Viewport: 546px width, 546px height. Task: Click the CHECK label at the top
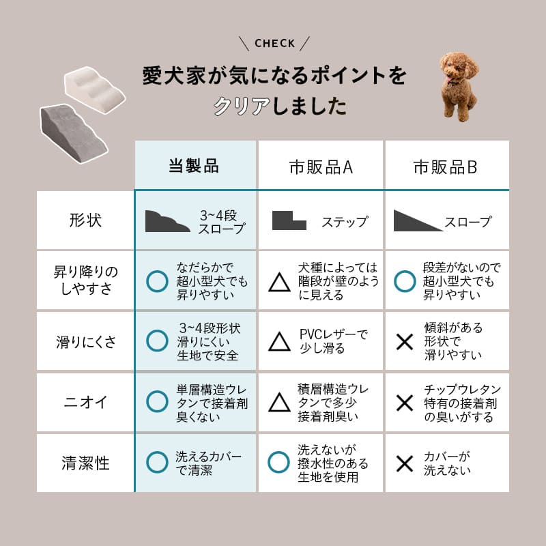click(274, 44)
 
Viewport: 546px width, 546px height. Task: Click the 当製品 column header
click(195, 166)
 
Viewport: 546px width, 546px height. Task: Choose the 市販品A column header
click(321, 167)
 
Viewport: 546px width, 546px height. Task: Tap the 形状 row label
click(85, 220)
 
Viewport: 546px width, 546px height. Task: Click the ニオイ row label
click(85, 402)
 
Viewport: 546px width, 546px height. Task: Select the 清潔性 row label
click(85, 463)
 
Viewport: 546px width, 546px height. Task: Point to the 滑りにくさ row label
click(85, 341)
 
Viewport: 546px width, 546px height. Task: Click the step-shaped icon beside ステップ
click(289, 220)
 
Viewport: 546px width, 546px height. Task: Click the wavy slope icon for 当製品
click(167, 221)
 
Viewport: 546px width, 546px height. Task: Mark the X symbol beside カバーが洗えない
click(405, 464)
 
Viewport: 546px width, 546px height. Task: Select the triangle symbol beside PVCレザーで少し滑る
click(279, 341)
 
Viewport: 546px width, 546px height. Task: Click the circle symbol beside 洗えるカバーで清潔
click(157, 463)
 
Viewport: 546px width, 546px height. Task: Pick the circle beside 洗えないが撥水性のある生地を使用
click(278, 463)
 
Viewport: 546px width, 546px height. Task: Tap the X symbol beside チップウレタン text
click(405, 403)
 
